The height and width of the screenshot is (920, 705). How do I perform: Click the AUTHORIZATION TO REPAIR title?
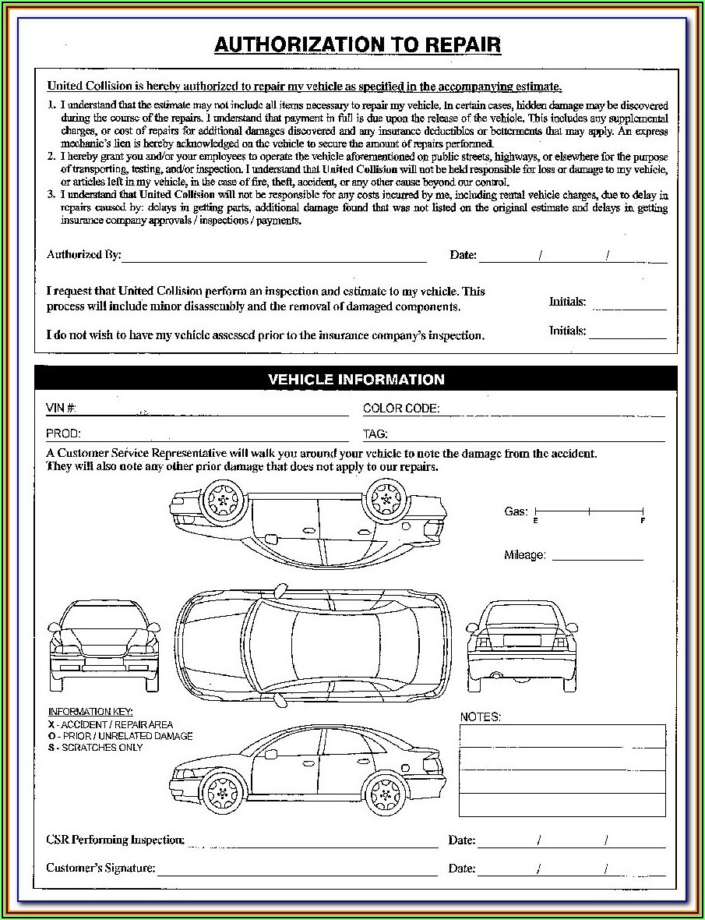358,45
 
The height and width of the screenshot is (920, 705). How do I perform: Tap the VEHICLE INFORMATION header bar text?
356,380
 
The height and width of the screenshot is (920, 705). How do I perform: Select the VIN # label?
61,409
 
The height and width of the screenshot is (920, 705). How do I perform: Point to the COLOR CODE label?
401,409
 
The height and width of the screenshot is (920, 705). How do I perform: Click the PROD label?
63,433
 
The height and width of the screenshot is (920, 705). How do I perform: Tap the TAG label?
375,434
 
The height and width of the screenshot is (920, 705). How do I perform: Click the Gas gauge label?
516,511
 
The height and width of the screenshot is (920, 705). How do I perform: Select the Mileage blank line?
597,558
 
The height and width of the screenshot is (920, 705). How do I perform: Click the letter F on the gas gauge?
643,520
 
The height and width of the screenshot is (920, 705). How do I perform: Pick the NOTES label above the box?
481,717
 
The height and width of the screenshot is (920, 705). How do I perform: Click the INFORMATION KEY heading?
90,712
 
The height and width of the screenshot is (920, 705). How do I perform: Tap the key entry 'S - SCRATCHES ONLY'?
95,747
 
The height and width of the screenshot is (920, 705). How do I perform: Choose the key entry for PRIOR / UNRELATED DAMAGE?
120,736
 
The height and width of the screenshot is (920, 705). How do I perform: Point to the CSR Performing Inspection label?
115,840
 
